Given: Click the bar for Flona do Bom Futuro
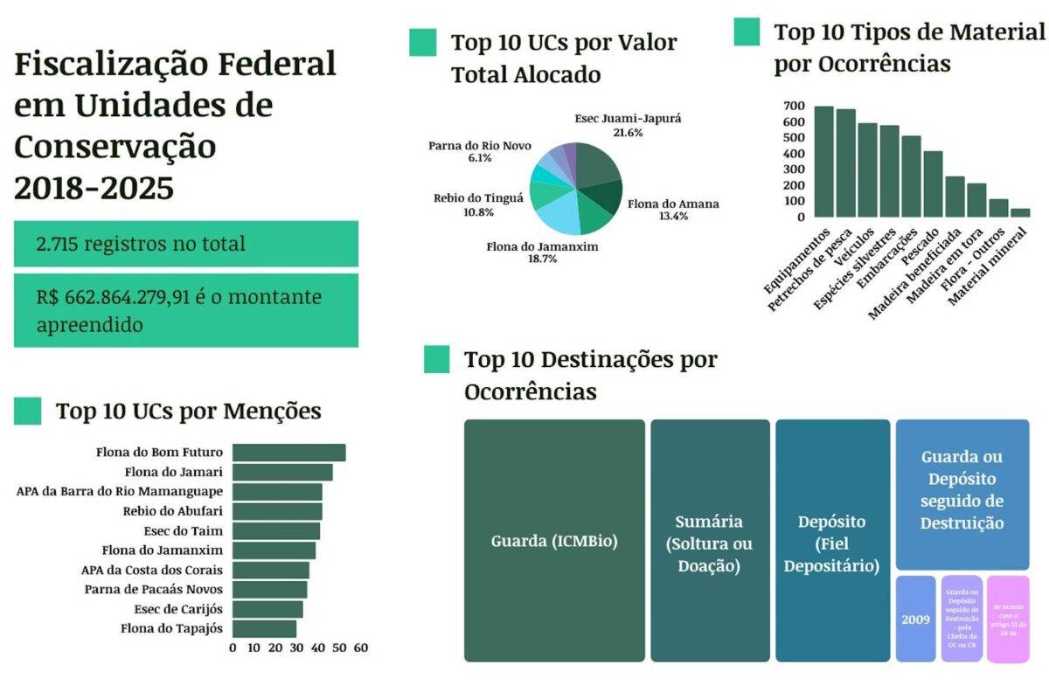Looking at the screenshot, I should (288, 453).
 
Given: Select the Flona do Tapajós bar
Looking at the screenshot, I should (264, 628).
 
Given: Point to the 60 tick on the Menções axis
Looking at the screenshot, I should (360, 648).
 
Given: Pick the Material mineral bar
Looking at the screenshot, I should (1020, 212).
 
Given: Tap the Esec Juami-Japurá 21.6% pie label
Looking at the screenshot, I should (615, 125).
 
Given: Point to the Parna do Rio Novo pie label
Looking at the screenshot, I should (479, 151).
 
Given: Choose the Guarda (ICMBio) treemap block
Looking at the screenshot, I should (554, 541).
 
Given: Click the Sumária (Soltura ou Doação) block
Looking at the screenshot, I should (709, 541).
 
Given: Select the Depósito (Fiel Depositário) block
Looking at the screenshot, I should (830, 541).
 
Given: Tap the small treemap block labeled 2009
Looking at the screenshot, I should (915, 619).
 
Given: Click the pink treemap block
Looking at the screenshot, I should (1007, 619).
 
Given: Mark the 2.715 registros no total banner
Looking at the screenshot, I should (185, 244).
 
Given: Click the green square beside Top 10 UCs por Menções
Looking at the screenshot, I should (27, 411).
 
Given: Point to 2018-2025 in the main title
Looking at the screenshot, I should (94, 188).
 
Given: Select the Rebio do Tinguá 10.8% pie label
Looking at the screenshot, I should (478, 204).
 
